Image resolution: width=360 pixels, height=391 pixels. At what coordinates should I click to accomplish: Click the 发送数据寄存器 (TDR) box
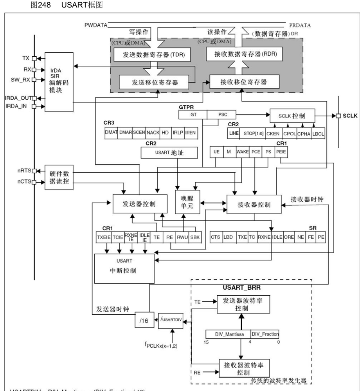152,56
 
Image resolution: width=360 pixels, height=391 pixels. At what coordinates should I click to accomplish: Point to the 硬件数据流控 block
59,177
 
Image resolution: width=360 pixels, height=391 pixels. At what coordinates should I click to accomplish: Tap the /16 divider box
144,320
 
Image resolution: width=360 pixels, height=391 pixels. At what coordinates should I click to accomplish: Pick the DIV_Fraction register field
265,335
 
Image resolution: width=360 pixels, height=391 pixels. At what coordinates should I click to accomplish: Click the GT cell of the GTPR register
193,115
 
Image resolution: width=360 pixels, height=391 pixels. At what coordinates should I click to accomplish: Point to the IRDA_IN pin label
16,106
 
